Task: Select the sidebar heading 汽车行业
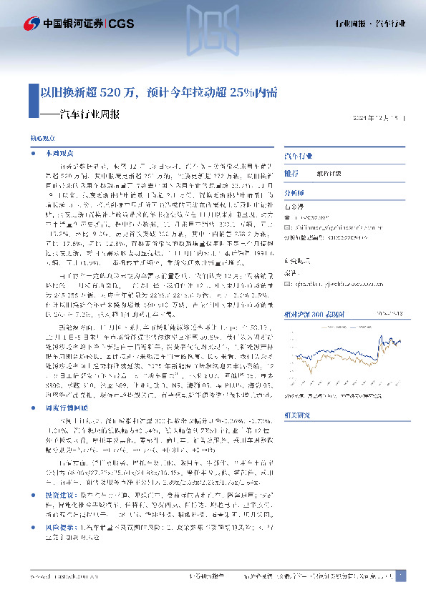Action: point(299,155)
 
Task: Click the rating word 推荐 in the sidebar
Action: point(291,174)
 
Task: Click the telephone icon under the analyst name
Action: point(288,217)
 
